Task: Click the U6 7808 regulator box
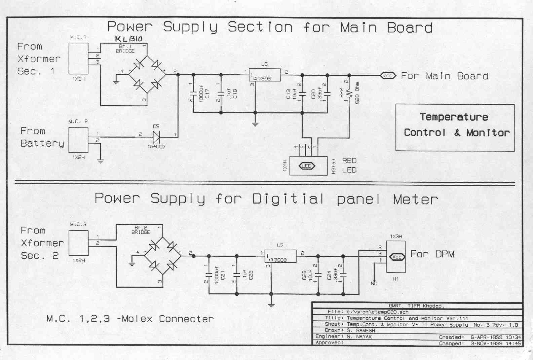[x=264, y=75]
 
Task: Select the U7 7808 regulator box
[x=280, y=256]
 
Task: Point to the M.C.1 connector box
[x=78, y=58]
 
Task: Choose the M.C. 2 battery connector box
[x=78, y=140]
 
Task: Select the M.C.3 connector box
[x=78, y=243]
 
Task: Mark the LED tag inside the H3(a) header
[x=306, y=166]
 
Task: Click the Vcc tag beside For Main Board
[x=388, y=76]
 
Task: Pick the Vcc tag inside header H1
[x=397, y=257]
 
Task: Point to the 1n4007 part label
[x=157, y=147]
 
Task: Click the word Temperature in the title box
[x=454, y=117]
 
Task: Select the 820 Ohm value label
[x=357, y=93]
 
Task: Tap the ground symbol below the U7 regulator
[x=271, y=305]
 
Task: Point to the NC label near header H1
[x=374, y=283]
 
